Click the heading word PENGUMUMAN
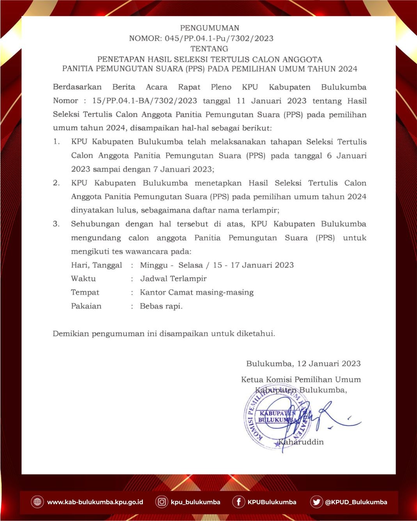[209, 28]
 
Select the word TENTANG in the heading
[209, 49]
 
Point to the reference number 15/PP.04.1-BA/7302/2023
[144, 101]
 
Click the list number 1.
[57, 142]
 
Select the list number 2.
[57, 183]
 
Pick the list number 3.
[57, 224]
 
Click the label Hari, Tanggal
[96, 265]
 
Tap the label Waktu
[83, 279]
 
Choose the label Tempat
[85, 292]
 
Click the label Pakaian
[86, 306]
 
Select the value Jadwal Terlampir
[173, 279]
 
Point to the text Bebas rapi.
[161, 306]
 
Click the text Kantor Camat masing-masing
[197, 292]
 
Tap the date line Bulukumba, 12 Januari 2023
[303, 364]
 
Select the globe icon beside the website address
[37, 502]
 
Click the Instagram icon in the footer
[161, 502]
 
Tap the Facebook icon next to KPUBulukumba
[238, 502]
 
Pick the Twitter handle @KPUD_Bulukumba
[356, 502]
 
